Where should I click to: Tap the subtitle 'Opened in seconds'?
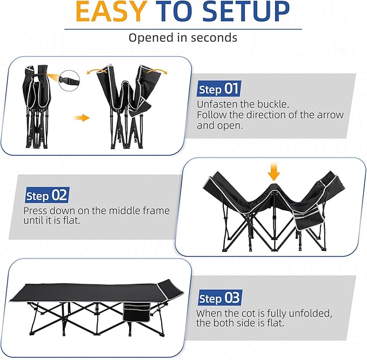[x=183, y=38]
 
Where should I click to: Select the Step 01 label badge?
[x=218, y=89]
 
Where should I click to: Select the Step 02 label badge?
[x=46, y=195]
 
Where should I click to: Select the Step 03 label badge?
[x=219, y=298]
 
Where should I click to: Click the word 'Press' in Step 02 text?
[x=36, y=210]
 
